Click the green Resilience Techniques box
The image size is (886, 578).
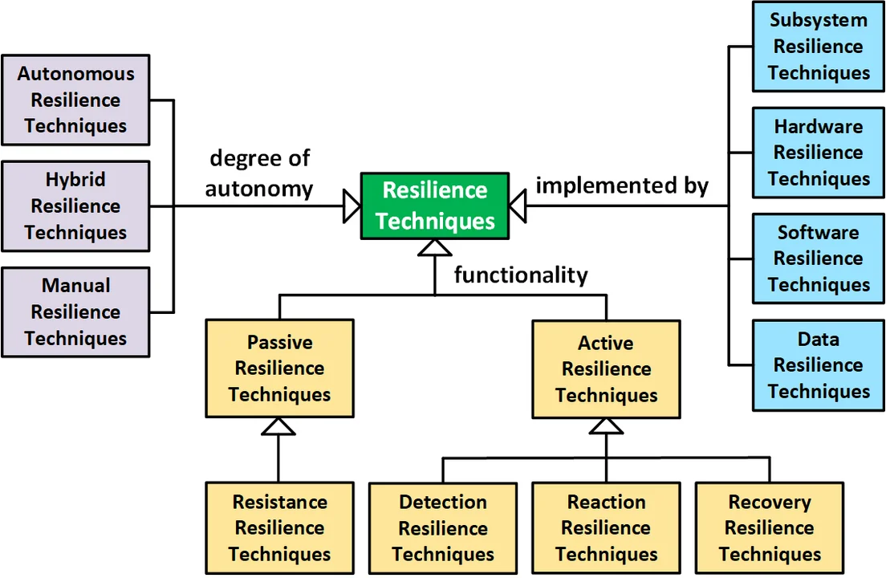(x=434, y=206)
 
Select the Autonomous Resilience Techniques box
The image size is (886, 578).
(x=75, y=100)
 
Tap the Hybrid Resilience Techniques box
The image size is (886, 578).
(x=75, y=206)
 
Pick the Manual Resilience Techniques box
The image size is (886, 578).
(x=75, y=311)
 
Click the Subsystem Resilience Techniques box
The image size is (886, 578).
(x=818, y=46)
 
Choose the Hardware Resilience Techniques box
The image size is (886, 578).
(x=818, y=153)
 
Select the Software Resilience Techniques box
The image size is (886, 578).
(x=818, y=258)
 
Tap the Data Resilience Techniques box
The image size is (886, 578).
(x=818, y=365)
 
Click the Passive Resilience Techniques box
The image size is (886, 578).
(x=279, y=368)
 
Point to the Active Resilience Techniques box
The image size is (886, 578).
(x=606, y=369)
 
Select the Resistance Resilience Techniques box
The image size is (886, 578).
(x=279, y=528)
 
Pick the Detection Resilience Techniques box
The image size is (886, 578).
(x=443, y=528)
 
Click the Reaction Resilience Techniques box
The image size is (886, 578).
(x=606, y=528)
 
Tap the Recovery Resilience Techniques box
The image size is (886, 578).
(x=770, y=528)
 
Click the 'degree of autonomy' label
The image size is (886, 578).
(x=259, y=173)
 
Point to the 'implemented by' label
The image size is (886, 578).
(x=622, y=185)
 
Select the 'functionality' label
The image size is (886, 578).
(x=521, y=275)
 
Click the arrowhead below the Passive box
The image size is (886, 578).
(x=278, y=426)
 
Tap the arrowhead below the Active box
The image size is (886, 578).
(x=606, y=426)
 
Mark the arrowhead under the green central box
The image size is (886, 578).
(x=434, y=248)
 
